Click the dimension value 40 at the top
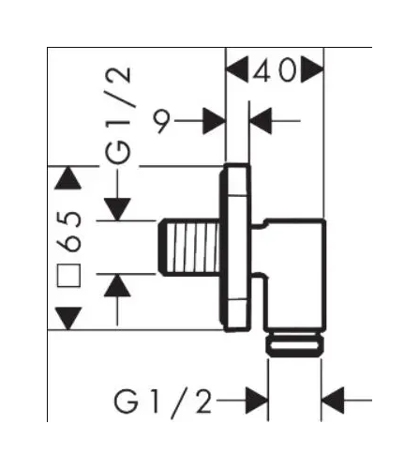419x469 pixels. pos(275,70)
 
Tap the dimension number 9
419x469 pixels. pos(161,121)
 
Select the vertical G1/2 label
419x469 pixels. pos(117,115)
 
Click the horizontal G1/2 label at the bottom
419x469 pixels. pos(163,402)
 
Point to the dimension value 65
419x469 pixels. pos(69,232)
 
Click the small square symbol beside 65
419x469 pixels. pos(68,275)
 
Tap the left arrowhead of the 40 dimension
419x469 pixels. pos(237,69)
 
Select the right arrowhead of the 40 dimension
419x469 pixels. pos(312,69)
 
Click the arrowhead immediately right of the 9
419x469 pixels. pos(214,121)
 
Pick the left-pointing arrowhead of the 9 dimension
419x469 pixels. pos(261,121)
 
